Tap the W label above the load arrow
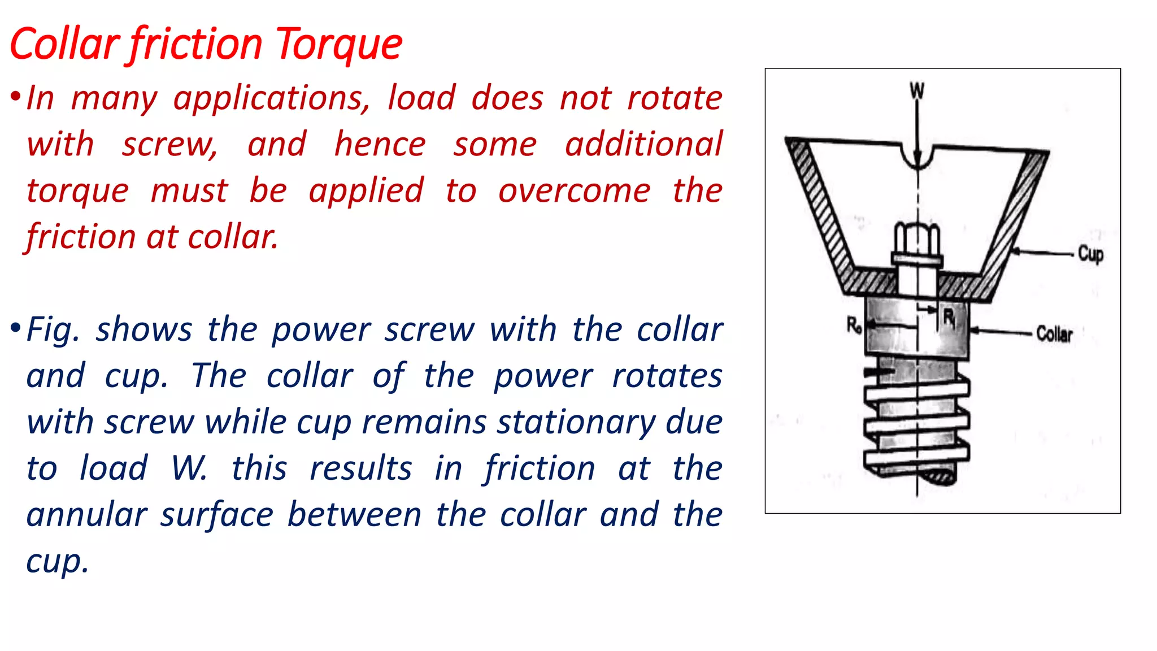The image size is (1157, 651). pos(917,90)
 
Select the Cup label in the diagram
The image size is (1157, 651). pos(1090,254)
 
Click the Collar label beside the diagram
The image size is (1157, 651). pos(1054,334)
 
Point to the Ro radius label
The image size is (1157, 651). pos(854,325)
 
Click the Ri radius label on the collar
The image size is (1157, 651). pos(949,318)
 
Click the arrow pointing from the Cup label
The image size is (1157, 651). pos(1042,253)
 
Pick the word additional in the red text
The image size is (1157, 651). pos(643,145)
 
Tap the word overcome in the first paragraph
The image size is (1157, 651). pos(574,191)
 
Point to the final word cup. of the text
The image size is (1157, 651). pos(58,562)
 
